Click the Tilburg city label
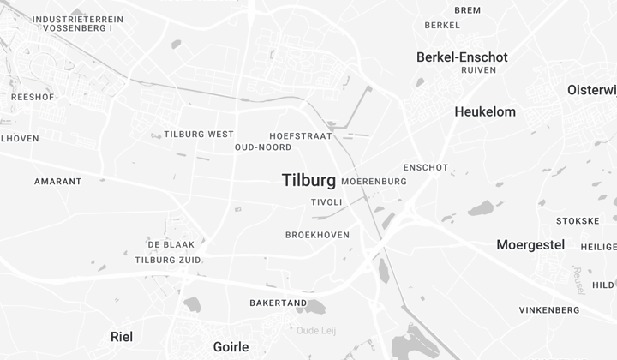pyautogui.click(x=308, y=180)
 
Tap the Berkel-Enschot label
pyautogui.click(x=462, y=57)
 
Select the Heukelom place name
pyautogui.click(x=485, y=112)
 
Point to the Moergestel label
pyautogui.click(x=530, y=245)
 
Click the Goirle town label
pyautogui.click(x=231, y=347)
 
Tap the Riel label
pyautogui.click(x=122, y=337)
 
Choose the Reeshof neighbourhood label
pyautogui.click(x=33, y=98)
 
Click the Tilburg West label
pyautogui.click(x=199, y=135)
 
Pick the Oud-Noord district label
pyautogui.click(x=263, y=147)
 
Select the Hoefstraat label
pyautogui.click(x=300, y=136)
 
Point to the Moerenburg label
pyautogui.click(x=374, y=182)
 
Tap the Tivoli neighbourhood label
pyautogui.click(x=326, y=202)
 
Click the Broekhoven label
pyautogui.click(x=317, y=235)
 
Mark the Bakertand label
pyautogui.click(x=278, y=303)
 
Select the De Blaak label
pyautogui.click(x=177, y=244)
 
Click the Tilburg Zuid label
pyautogui.click(x=168, y=260)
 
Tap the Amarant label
pyautogui.click(x=58, y=182)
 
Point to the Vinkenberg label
pyautogui.click(x=549, y=310)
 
